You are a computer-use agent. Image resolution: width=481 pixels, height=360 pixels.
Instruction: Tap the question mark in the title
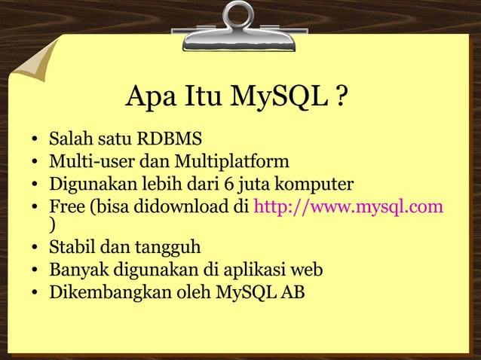point(342,97)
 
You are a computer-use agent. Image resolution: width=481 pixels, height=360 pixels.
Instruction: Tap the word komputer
point(312,184)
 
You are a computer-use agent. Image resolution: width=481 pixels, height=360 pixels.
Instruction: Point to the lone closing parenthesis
point(51,224)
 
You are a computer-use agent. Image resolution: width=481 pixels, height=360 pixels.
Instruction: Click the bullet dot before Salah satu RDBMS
point(35,141)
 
